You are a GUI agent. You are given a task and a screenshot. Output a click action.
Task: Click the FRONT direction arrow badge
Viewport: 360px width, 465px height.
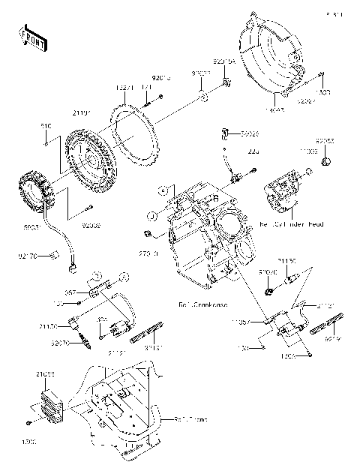pos(31,40)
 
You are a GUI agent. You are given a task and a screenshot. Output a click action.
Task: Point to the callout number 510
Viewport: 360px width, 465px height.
pos(45,126)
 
